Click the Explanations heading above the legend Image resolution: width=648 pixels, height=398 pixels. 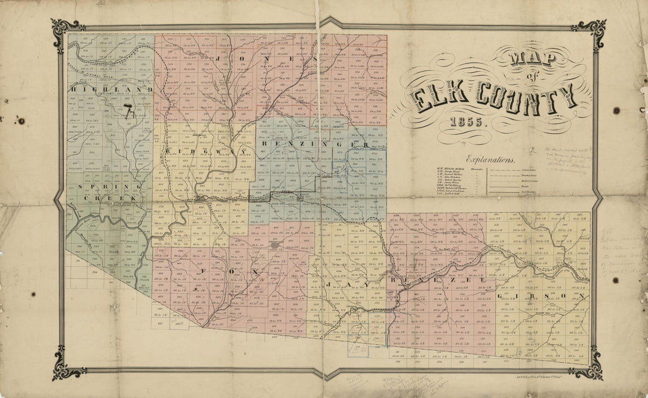click(x=490, y=158)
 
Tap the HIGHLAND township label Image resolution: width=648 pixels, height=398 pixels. click(x=111, y=89)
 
